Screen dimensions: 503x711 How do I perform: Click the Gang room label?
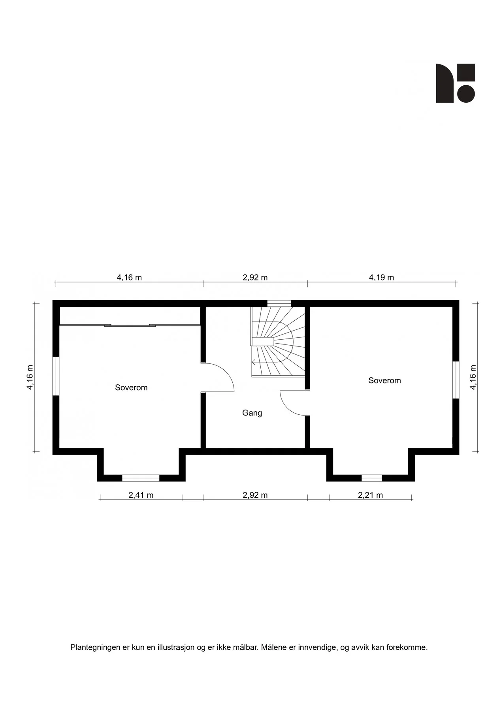pos(252,413)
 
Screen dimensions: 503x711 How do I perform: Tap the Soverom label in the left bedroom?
pos(131,387)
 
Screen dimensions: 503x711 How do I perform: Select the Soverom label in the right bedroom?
pos(384,380)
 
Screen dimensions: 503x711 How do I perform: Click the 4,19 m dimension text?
pos(381,277)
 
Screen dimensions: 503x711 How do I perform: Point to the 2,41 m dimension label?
pos(141,495)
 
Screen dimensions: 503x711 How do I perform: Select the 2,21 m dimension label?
pos(370,495)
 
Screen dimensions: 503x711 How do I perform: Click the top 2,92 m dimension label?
pos(255,277)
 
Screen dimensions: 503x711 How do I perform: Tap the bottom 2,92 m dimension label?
pos(255,495)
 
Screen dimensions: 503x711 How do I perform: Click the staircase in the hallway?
pos(278,342)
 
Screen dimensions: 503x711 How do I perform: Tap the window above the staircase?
pos(279,303)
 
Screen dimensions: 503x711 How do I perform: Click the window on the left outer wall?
pos(56,376)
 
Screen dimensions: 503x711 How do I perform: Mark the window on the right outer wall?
pos(456,380)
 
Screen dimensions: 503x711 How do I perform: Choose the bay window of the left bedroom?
pos(141,478)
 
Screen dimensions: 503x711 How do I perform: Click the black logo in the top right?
pos(455,83)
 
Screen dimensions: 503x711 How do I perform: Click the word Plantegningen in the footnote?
pos(95,647)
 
